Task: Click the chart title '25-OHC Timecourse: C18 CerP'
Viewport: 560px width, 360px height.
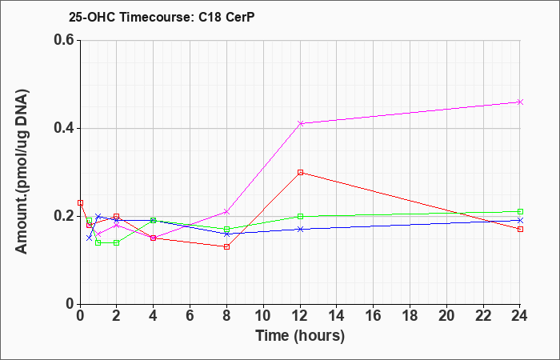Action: pyautogui.click(x=162, y=17)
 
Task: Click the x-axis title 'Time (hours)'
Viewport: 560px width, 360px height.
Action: pyautogui.click(x=300, y=336)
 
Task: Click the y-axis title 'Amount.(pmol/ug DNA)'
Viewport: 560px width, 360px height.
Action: pyautogui.click(x=22, y=172)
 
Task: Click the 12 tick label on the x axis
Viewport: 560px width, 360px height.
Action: pyautogui.click(x=300, y=316)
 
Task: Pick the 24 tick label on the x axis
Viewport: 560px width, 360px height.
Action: pyautogui.click(x=520, y=316)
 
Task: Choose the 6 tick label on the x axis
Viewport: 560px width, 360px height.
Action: pyautogui.click(x=190, y=316)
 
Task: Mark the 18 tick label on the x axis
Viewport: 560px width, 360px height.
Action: pyautogui.click(x=410, y=316)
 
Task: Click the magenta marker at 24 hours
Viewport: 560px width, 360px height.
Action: pyautogui.click(x=520, y=102)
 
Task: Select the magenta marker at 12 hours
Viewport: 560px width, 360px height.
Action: pyautogui.click(x=300, y=123)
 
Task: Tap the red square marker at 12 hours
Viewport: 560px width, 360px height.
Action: pyautogui.click(x=300, y=172)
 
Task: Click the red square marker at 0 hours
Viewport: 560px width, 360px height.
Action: pyautogui.click(x=80, y=203)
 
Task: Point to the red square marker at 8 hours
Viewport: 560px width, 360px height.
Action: pyautogui.click(x=226, y=246)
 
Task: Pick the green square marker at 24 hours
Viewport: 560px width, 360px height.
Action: pyautogui.click(x=520, y=211)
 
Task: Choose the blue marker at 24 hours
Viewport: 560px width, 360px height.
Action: pyautogui.click(x=520, y=220)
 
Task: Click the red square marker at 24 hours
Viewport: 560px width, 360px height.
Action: pyautogui.click(x=520, y=229)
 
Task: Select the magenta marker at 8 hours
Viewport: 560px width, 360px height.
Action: pyautogui.click(x=226, y=212)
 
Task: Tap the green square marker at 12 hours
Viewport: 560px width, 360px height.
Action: pyautogui.click(x=300, y=216)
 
